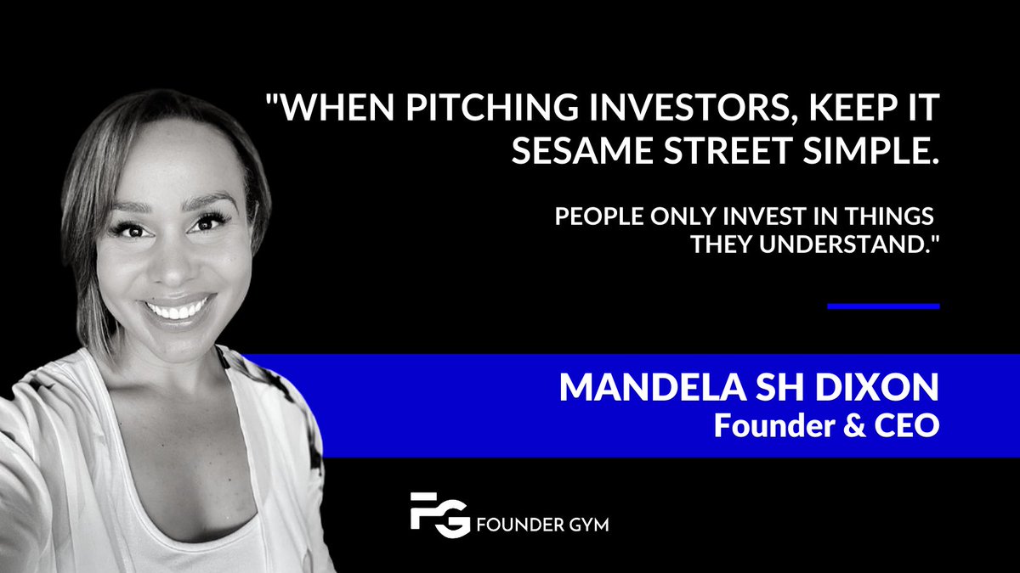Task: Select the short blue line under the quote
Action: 883,306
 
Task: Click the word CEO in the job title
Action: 909,424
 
